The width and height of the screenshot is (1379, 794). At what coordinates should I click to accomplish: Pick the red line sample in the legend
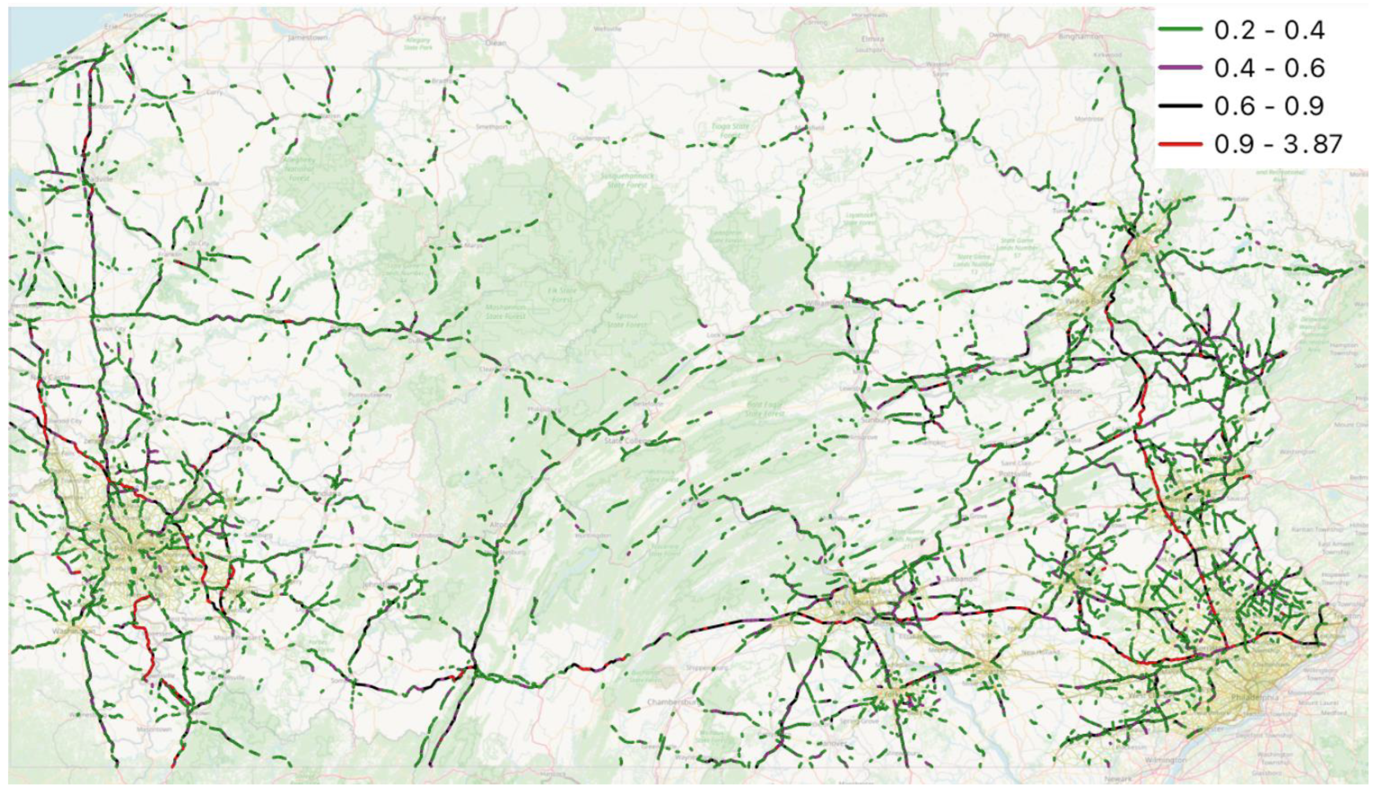[x=1180, y=144]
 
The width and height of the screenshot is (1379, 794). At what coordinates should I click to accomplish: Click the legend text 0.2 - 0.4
[x=1269, y=30]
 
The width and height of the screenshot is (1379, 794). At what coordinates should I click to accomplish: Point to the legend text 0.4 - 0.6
[x=1269, y=68]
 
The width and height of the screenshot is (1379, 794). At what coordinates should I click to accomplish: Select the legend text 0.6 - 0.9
[x=1269, y=106]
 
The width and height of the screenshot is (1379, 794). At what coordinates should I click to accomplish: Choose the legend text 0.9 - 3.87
[x=1278, y=144]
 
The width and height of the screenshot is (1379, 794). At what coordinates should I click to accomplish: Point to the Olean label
[x=495, y=43]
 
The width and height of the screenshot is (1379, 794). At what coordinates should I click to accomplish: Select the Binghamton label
[x=1080, y=36]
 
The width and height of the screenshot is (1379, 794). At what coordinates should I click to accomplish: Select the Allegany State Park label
[x=418, y=43]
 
